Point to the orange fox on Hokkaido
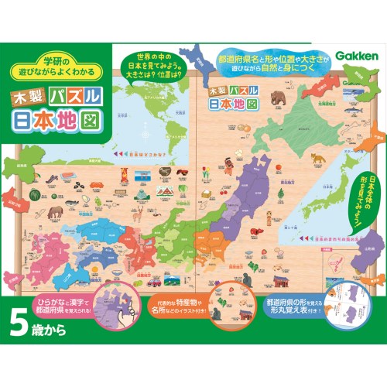[x=317, y=159]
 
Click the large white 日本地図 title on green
[x=59, y=125]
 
